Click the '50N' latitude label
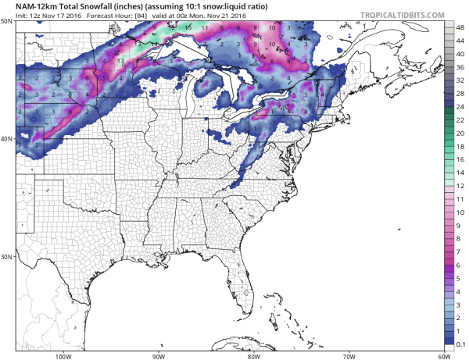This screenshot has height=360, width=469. tap(6, 21)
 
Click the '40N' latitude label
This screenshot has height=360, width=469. tap(6, 138)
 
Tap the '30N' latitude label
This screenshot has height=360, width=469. tap(6, 256)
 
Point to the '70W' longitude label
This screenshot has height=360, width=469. tap(349, 355)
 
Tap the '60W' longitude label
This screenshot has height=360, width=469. tap(444, 355)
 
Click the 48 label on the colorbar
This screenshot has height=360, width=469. tap(461, 27)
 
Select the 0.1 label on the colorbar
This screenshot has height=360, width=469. tap(461, 344)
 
